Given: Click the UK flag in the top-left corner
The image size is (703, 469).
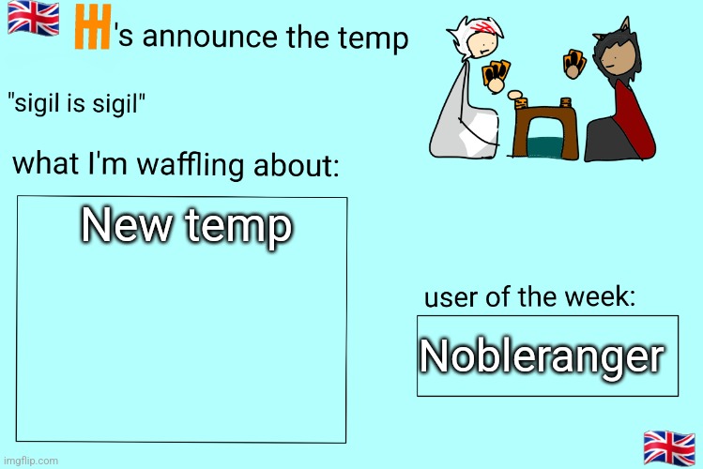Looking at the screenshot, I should [x=33, y=18].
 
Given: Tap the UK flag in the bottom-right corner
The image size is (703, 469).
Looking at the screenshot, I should [x=669, y=447].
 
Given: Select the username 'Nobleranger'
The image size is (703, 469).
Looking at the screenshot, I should [x=541, y=356].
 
